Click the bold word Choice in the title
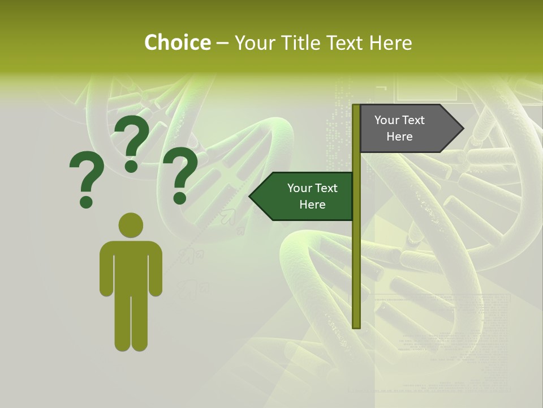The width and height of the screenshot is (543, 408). click(177, 42)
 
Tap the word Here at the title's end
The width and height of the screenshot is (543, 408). click(391, 42)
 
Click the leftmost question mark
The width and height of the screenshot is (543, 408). click(86, 178)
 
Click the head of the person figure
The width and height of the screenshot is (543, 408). click(131, 225)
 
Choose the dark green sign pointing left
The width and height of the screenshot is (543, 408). click(305, 196)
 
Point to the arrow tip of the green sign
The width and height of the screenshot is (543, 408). click(253, 196)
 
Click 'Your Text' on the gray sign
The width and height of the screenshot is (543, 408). click(399, 120)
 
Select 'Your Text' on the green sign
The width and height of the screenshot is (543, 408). click(312, 188)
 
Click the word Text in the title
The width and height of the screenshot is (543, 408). click(346, 42)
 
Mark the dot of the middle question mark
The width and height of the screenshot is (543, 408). click(131, 165)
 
